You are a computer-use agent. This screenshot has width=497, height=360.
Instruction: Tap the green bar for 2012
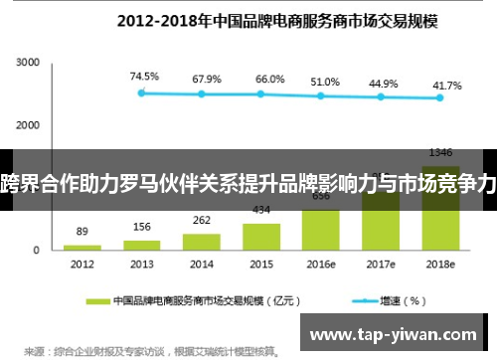(83, 246)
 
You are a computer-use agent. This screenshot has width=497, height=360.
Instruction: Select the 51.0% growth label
(322, 83)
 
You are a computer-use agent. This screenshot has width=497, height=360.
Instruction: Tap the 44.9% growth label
(383, 85)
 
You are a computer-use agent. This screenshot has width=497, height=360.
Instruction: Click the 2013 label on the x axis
(140, 265)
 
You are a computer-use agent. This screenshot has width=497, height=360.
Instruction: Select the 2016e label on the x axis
(321, 265)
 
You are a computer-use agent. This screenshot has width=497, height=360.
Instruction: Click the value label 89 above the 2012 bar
(83, 231)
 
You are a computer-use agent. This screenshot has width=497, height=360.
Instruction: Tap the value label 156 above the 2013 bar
(142, 226)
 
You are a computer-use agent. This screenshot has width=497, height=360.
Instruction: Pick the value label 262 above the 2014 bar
(203, 220)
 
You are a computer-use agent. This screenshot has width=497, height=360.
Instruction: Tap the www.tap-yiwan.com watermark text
(398, 333)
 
